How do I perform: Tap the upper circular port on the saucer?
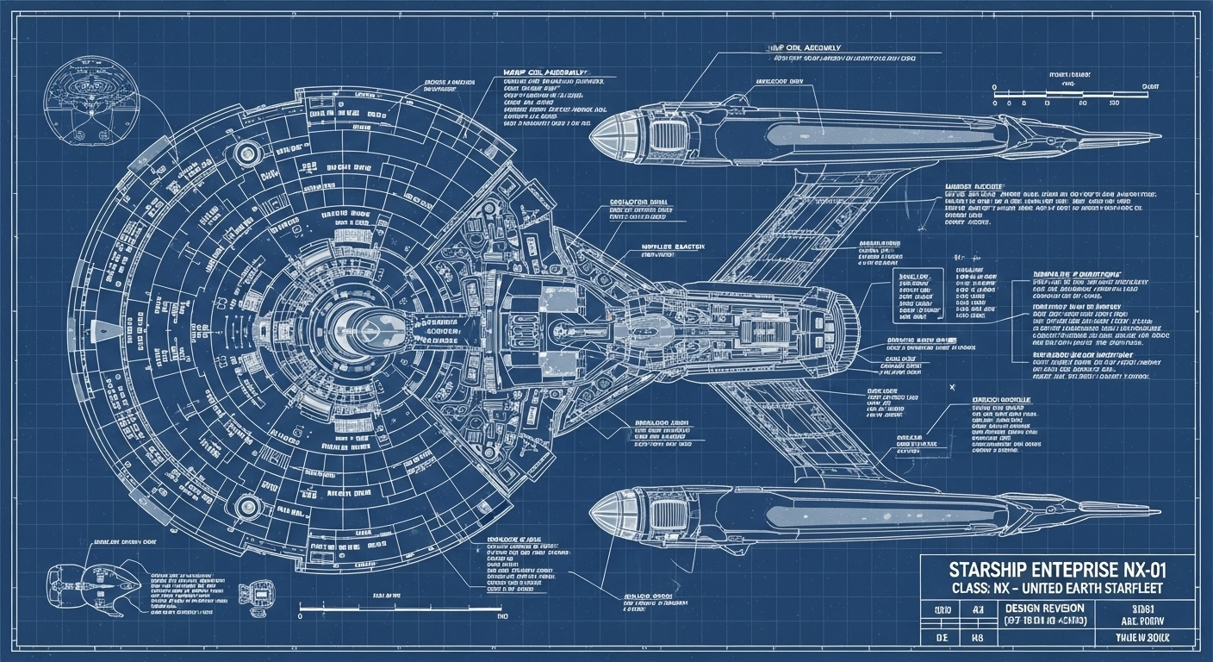point(247,153)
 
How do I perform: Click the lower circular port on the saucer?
point(247,505)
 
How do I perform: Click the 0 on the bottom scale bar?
point(300,617)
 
